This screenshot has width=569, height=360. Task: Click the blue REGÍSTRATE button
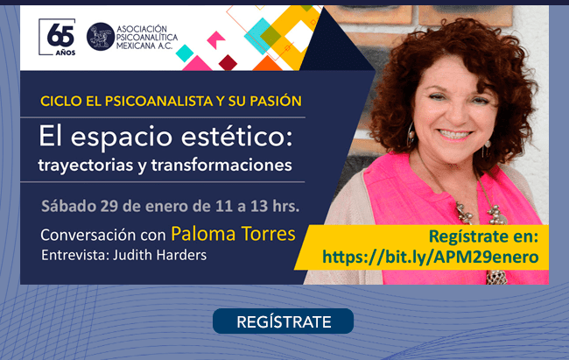point(283,321)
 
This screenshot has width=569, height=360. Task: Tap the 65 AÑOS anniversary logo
point(57,37)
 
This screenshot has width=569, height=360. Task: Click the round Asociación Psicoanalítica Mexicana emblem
point(101,37)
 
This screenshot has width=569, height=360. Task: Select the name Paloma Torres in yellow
point(233,234)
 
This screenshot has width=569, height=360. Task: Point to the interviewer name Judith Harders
point(159,255)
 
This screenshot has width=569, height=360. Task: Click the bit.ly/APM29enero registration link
point(431,257)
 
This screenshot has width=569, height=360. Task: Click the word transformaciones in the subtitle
point(221,165)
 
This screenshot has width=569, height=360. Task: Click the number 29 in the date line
point(109,206)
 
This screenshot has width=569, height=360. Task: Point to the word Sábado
point(68,206)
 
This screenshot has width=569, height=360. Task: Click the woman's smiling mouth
point(455,135)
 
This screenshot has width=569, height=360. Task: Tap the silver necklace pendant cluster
point(482,215)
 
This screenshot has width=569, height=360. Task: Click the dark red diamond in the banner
point(228,62)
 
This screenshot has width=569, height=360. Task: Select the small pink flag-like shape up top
point(216,39)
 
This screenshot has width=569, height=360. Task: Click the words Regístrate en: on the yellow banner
point(483,236)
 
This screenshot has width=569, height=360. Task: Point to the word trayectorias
point(86,166)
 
